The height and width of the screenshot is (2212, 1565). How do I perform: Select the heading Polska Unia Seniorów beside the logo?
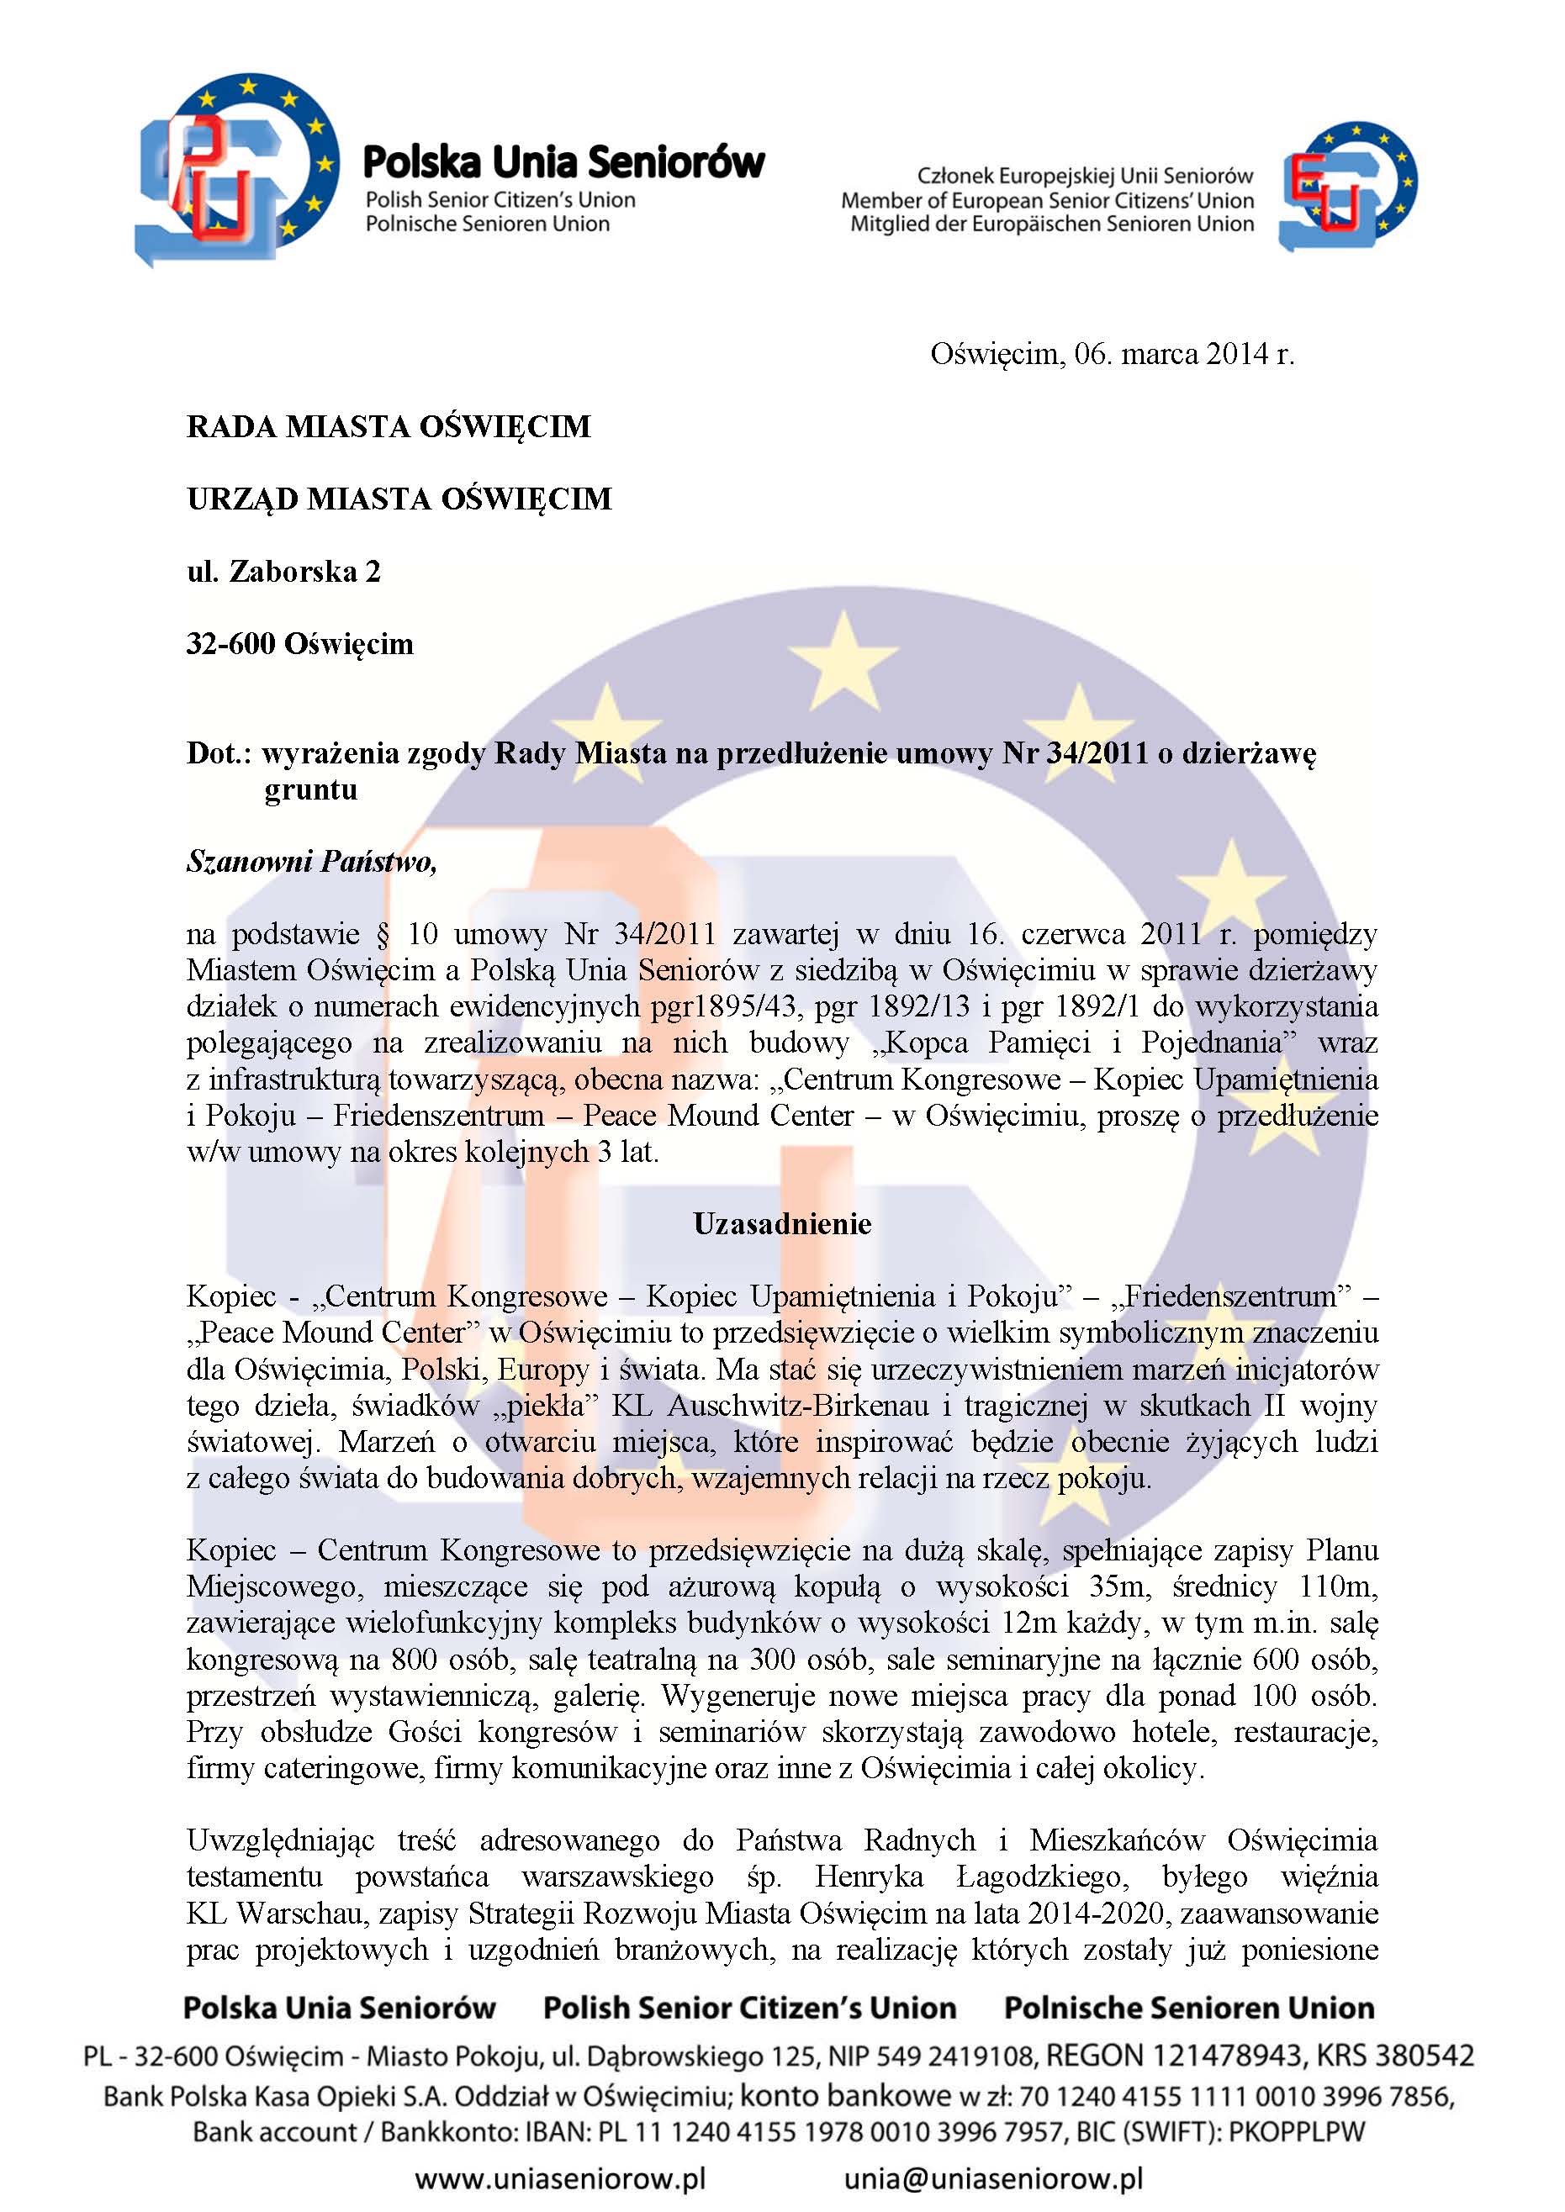click(563, 163)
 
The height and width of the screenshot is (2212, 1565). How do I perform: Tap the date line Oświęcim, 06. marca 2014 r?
click(1111, 355)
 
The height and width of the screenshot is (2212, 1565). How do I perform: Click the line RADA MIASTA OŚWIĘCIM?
click(389, 427)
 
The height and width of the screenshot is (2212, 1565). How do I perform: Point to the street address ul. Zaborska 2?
click(283, 573)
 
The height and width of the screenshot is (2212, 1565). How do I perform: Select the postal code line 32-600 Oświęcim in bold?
click(299, 643)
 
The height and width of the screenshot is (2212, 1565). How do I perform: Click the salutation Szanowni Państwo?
click(311, 861)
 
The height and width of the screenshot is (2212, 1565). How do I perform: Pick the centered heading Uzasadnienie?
click(781, 1224)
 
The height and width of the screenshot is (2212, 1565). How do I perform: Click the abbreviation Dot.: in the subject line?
click(219, 753)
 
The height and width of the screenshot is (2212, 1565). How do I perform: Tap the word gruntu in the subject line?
click(310, 790)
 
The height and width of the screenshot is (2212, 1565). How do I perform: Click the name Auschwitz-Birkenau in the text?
click(798, 1406)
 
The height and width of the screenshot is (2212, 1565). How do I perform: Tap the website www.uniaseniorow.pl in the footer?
click(560, 2178)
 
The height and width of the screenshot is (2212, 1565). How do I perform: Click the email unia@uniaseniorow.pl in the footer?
click(992, 2178)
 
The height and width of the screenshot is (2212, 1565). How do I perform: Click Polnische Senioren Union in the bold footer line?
click(1188, 2008)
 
